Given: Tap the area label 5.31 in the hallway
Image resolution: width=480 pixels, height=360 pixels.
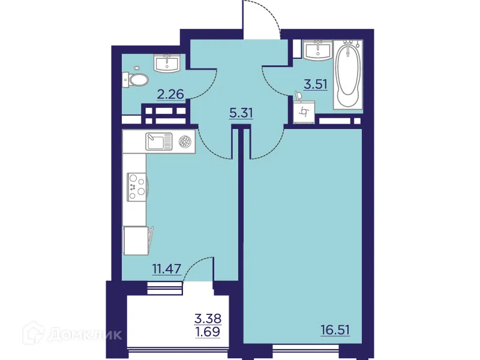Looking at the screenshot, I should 241,112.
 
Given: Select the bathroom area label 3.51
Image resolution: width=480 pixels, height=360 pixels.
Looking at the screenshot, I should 315,84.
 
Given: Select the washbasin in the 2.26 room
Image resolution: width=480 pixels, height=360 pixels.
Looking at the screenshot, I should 166,62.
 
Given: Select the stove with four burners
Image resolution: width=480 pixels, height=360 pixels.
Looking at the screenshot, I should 136,185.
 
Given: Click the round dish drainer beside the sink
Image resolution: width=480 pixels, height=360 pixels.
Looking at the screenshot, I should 185,142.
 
